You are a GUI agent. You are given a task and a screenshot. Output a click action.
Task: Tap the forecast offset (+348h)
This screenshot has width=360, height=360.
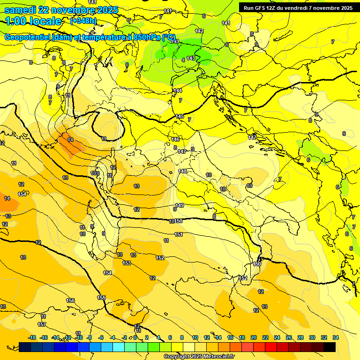pyautogui.click(x=83, y=21)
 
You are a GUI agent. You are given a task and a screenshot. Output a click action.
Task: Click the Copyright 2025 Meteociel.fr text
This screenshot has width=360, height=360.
pyautogui.click(x=199, y=357)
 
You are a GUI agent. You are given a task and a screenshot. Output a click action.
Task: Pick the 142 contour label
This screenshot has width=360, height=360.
pyautogui.click(x=199, y=31)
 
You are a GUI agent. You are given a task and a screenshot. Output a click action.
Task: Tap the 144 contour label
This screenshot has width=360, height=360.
pyautogui.click(x=177, y=90)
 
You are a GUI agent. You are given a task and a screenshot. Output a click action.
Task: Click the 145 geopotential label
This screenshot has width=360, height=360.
pyautogui.click(x=180, y=116)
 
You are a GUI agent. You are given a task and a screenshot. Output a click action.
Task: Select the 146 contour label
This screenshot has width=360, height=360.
pyautogui.click(x=175, y=139)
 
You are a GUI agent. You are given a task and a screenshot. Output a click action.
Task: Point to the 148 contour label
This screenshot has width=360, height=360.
pyautogui.click(x=183, y=171)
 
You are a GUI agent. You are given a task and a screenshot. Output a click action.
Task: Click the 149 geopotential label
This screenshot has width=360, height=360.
pyautogui.click(x=180, y=206)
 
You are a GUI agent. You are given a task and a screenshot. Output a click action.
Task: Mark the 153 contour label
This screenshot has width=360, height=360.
pyautogui.click(x=127, y=263)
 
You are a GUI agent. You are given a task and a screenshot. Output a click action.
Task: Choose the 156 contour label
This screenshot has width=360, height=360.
pyautogui.click(x=70, y=300)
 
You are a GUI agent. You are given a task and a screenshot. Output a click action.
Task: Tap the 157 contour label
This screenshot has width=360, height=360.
pyautogui.click(x=42, y=324)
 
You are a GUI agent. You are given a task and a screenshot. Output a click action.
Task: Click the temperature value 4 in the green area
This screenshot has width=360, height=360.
pyautogui.click(x=183, y=60)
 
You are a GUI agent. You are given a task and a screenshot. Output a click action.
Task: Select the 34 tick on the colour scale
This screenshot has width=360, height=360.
pyautogui.click(x=336, y=337)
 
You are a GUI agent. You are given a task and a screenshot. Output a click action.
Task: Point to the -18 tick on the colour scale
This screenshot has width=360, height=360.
pyautogui.click(x=32, y=337)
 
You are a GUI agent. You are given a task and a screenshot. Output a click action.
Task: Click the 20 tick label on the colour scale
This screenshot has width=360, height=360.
pyautogui.click(x=254, y=337)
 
